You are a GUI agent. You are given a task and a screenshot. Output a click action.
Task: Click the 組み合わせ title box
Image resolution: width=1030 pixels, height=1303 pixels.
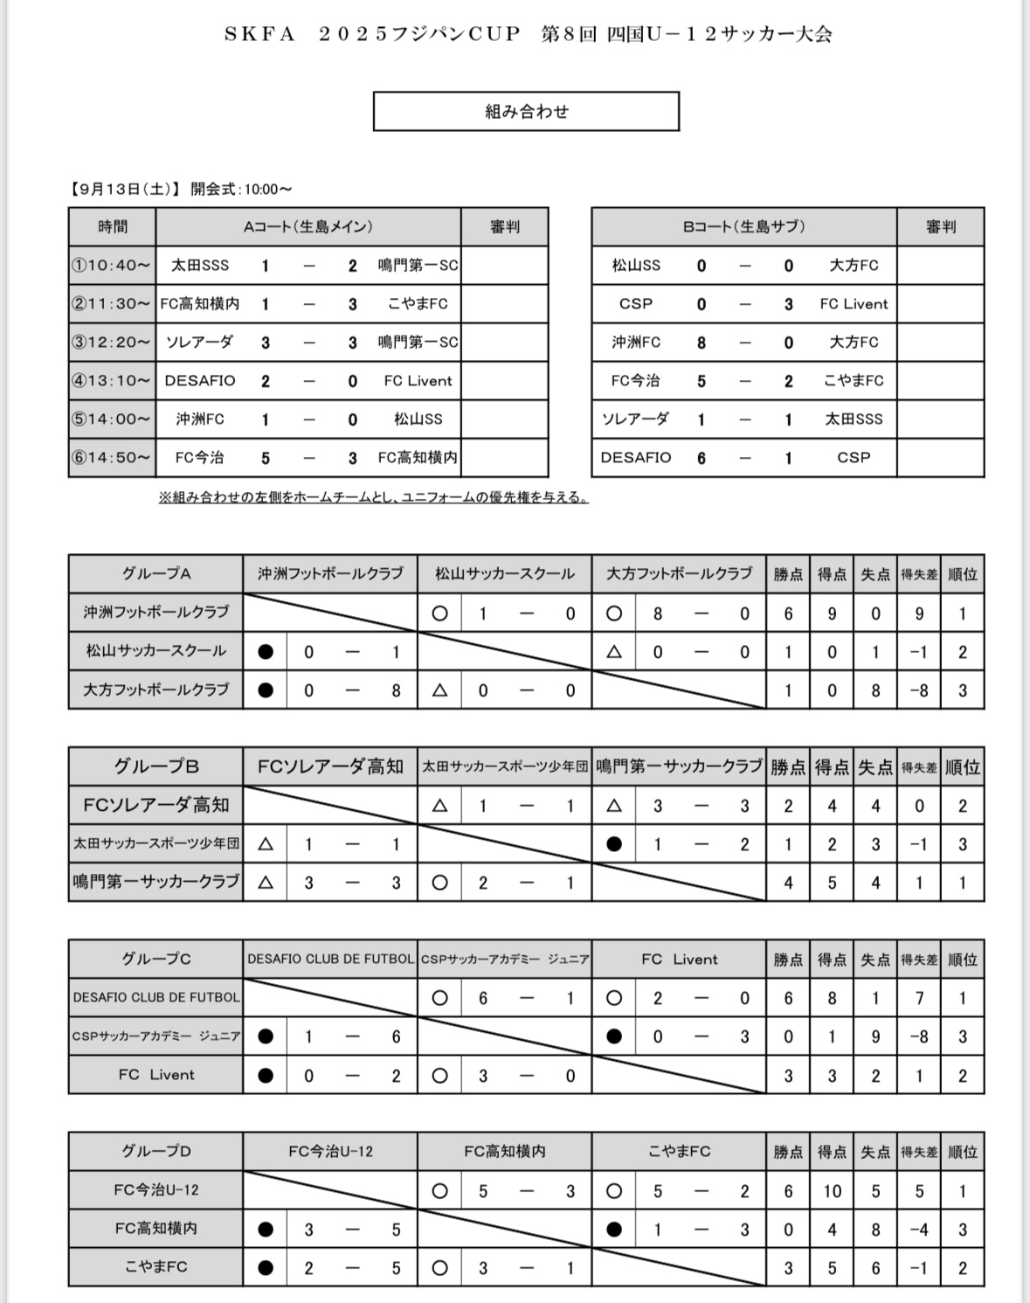pos(526,111)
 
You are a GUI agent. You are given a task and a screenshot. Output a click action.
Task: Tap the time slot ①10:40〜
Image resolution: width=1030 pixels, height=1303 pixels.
pos(112,265)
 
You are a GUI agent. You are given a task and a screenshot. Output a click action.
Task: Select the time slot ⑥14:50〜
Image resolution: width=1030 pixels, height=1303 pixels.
pos(112,457)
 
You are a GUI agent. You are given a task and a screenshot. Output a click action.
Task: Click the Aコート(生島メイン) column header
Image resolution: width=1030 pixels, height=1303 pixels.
pos(308,226)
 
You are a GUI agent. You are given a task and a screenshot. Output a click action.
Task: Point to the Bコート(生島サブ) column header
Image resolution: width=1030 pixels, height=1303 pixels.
pos(743,226)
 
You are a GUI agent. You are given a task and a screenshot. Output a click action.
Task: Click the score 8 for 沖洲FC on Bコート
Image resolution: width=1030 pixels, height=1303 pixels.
pos(701,343)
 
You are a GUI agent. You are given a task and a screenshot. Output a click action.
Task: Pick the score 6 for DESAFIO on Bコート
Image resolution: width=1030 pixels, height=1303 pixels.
pos(701,458)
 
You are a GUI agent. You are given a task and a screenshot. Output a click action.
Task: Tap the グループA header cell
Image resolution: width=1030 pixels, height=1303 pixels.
pos(156,573)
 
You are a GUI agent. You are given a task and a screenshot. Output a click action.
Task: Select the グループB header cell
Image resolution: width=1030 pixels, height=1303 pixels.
pos(156,766)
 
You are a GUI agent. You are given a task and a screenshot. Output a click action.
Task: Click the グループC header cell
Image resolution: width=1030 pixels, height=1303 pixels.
pos(156,959)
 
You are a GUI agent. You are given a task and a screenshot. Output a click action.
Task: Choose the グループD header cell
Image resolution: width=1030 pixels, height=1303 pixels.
pos(156,1151)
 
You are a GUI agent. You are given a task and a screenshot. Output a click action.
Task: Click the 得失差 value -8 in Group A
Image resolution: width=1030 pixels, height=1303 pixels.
pos(918,690)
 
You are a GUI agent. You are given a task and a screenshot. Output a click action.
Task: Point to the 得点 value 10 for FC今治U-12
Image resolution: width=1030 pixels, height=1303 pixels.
pos(832,1190)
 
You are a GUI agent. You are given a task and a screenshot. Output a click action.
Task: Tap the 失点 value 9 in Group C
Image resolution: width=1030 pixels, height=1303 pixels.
pos(875,1036)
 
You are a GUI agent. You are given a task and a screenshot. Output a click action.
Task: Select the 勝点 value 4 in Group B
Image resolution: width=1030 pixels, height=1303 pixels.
pos(788,883)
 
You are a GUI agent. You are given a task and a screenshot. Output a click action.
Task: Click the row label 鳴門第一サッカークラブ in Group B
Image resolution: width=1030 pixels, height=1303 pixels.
pos(156,882)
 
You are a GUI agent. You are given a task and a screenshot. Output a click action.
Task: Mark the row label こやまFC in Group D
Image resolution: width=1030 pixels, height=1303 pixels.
pos(156,1266)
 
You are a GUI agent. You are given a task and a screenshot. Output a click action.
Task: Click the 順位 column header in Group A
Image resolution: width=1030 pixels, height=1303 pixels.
pos(962,573)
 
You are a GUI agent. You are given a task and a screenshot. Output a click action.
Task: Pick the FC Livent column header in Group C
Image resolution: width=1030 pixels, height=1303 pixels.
pos(679,959)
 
